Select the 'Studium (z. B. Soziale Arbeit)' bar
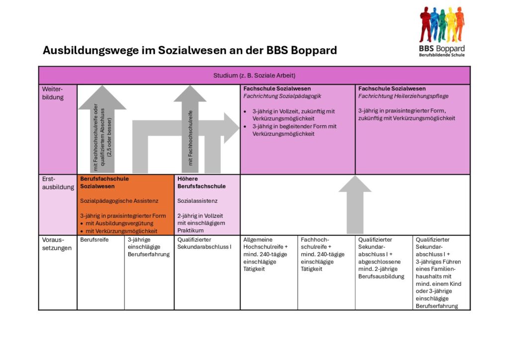coord(254,76)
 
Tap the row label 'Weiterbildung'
coord(53,93)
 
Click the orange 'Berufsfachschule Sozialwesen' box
coord(125,204)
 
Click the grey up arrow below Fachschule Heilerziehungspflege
coord(355,204)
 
